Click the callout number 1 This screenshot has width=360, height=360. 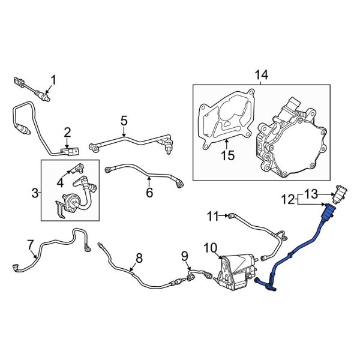pos(53,79)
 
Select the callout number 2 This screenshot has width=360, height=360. pos(67,132)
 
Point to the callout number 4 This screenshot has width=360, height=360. pos(61,181)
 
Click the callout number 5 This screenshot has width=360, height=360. pos(124,121)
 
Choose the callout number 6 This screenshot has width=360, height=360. pos(149,193)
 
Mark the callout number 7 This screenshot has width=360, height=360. pos(31,244)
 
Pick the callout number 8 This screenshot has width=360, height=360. pos(139,258)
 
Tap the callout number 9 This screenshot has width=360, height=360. pos(185,257)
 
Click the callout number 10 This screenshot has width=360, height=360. pos(209,247)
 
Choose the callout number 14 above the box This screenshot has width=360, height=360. pos(262,76)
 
